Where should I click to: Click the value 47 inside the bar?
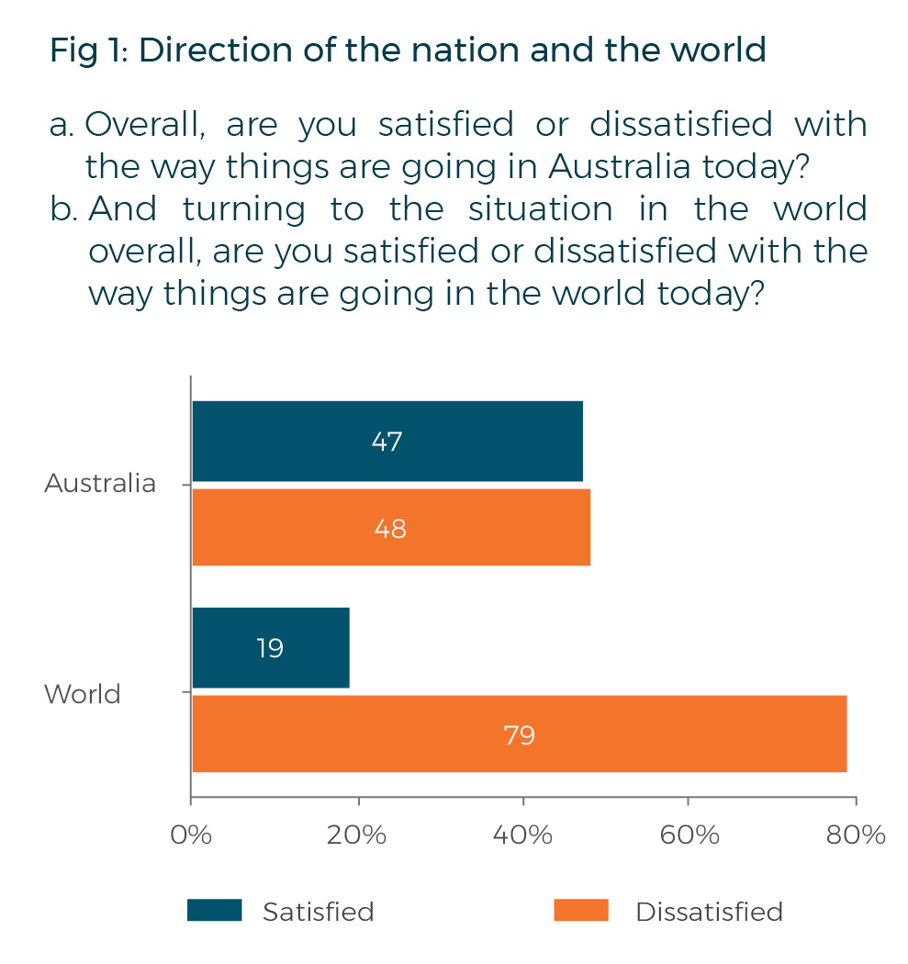coord(387,442)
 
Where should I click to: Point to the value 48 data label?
coord(390,529)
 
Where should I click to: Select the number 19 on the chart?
coord(270,648)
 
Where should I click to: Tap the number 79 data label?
coord(519,734)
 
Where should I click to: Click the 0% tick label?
coord(191,835)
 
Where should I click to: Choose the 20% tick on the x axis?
coord(357,835)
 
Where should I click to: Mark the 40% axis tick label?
coord(523,835)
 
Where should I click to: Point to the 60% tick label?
coord(689,835)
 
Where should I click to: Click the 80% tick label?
coord(855,835)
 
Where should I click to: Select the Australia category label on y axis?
coord(100,483)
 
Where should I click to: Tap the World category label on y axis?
coord(83,693)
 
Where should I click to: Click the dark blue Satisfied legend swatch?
coord(214,910)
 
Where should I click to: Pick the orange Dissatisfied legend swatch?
coord(581,910)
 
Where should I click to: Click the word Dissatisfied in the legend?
coord(709,912)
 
